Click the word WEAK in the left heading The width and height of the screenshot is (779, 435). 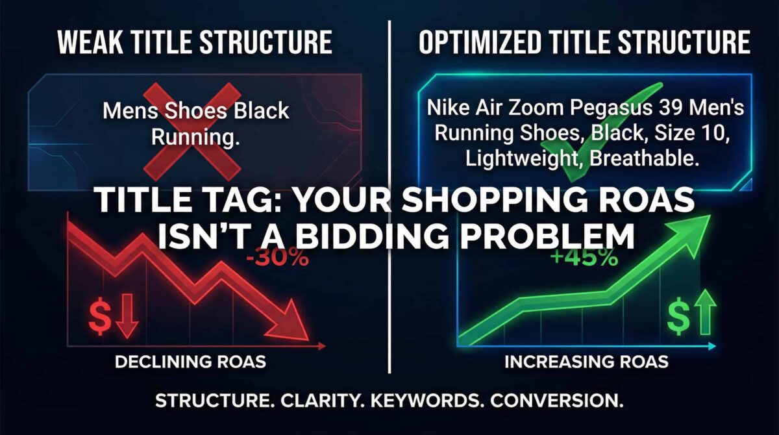point(90,42)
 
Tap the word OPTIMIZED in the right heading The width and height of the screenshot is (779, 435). point(480,42)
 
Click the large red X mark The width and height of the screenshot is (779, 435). point(192,132)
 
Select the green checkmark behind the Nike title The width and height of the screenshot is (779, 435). point(605,132)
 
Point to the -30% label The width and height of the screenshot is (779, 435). point(277,258)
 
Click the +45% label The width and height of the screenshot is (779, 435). point(585,258)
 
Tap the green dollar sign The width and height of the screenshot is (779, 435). point(678,316)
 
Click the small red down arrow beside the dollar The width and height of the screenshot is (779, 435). point(127,316)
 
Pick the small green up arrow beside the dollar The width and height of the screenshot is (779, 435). point(705,312)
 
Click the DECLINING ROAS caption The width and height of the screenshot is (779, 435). point(190,362)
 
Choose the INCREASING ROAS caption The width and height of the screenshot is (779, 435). point(586,362)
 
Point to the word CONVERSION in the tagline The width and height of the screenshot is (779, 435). point(556,401)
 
